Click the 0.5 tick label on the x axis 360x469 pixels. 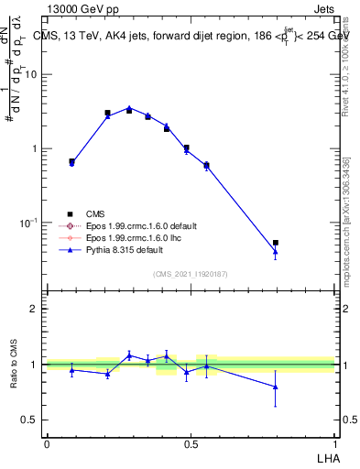coord(191,443)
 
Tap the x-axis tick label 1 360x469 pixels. coord(335,443)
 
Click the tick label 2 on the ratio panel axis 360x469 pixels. coord(34,309)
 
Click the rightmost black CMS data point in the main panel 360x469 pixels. coord(276,243)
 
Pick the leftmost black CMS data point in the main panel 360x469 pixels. coord(71,161)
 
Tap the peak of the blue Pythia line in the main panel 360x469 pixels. coord(129,107)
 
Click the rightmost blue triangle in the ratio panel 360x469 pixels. coord(276,387)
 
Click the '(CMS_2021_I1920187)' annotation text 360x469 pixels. coord(191,274)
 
